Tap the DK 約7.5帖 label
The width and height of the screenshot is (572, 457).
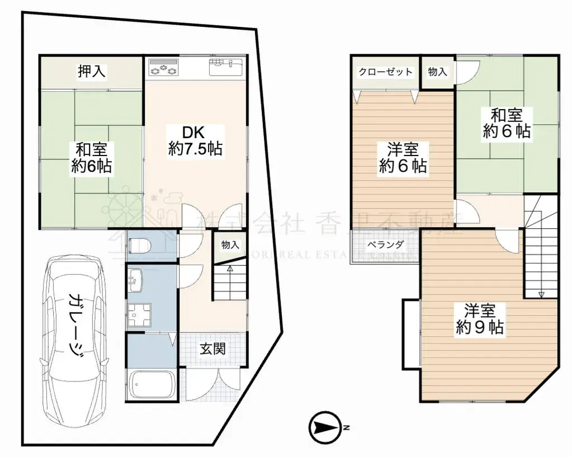point(195,140)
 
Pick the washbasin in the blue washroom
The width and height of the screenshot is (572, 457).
point(136,277)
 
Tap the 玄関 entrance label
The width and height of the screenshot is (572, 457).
point(213,349)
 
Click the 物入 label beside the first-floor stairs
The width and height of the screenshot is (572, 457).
point(230,245)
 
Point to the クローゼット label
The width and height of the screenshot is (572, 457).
point(386,72)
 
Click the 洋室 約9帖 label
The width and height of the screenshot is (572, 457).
point(480,319)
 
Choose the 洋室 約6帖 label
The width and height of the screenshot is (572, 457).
point(403,158)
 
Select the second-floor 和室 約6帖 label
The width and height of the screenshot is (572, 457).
point(507,124)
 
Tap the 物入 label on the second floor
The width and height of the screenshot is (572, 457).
point(437,72)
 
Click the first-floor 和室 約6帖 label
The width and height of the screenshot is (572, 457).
point(92,158)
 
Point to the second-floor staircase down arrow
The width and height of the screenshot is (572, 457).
point(541,294)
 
